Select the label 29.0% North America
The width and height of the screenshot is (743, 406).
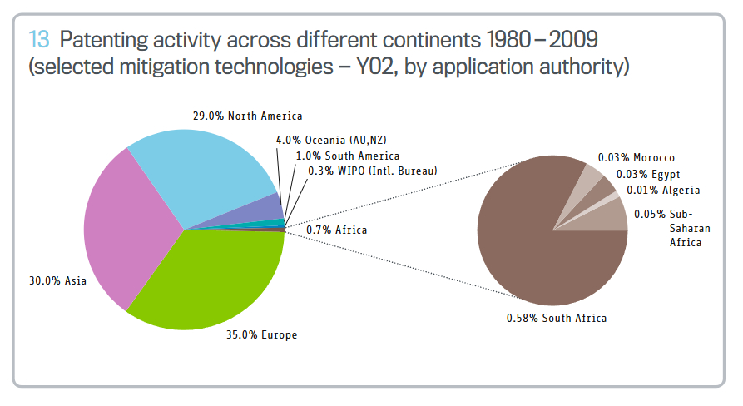pyautogui.click(x=247, y=116)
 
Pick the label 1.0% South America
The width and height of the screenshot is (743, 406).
pyautogui.click(x=348, y=156)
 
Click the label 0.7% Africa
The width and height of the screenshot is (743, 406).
pyautogui.click(x=336, y=229)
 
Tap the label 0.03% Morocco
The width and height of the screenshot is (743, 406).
pyautogui.click(x=637, y=158)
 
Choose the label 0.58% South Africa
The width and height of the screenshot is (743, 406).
pyautogui.click(x=557, y=318)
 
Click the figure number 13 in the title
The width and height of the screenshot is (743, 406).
pyautogui.click(x=39, y=39)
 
